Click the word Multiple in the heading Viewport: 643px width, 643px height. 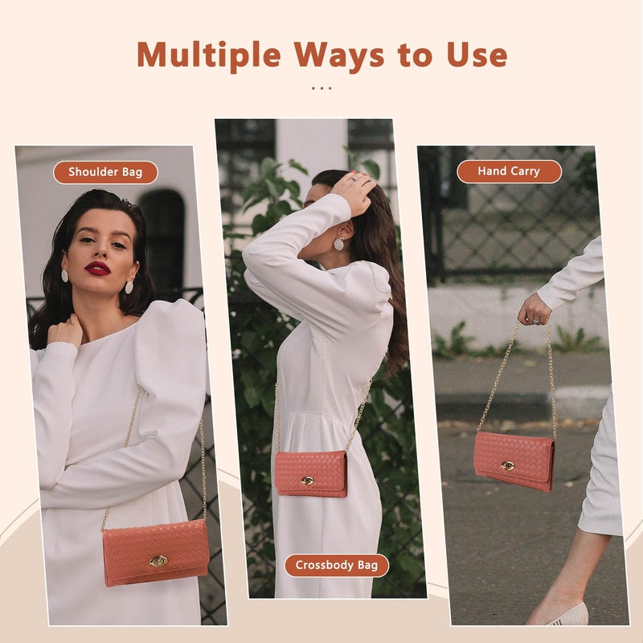209,55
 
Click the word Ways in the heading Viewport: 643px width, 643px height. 339,55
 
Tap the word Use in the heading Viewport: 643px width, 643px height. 477,55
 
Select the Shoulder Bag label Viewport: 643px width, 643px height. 105,172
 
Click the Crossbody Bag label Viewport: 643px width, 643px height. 337,566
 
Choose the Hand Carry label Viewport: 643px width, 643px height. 509,171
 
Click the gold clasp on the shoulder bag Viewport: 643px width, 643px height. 158,560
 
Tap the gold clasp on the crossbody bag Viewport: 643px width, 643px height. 307,480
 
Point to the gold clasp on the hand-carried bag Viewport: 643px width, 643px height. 508,465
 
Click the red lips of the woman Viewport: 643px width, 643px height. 97,268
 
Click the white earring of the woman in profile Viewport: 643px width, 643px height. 338,244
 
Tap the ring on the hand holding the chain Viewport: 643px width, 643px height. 536,321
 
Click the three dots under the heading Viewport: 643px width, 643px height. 321,88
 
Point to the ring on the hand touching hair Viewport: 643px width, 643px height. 352,178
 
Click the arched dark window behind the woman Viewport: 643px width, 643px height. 162,238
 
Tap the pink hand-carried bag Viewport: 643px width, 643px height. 514,461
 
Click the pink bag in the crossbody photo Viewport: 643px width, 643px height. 311,474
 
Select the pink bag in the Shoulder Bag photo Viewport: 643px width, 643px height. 156,553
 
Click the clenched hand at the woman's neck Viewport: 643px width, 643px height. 66,331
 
